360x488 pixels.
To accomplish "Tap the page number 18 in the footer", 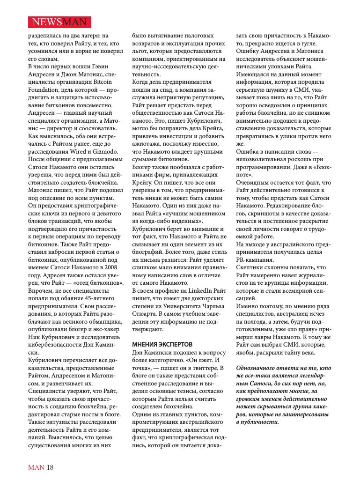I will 50,467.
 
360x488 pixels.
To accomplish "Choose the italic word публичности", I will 259,421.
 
